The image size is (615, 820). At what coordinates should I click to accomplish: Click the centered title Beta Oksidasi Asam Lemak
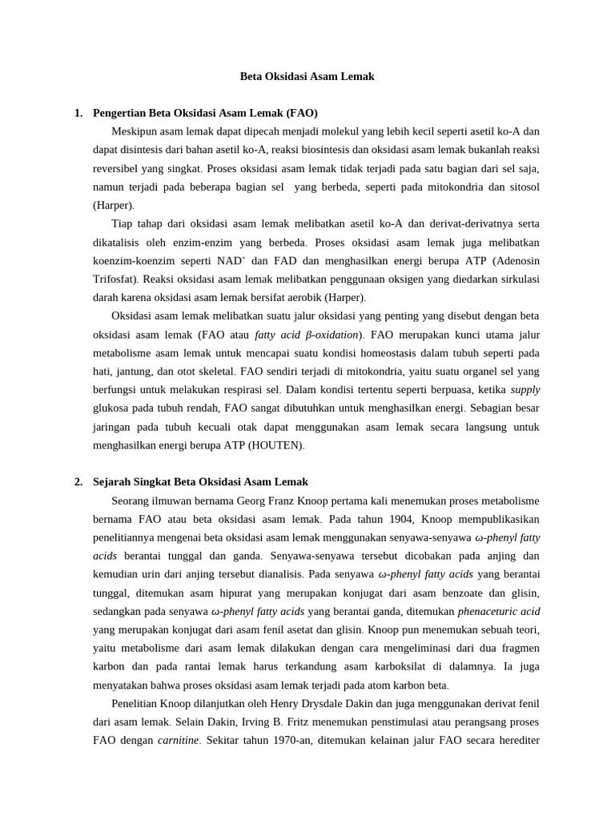click(307, 77)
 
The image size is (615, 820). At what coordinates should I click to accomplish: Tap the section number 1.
click(78, 113)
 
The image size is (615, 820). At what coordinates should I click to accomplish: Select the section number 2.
click(78, 481)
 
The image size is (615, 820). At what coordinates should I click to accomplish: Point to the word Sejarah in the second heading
click(113, 481)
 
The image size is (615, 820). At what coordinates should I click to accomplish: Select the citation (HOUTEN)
click(276, 444)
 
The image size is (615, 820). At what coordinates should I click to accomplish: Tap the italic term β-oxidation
click(328, 334)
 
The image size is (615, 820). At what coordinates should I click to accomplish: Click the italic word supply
click(525, 389)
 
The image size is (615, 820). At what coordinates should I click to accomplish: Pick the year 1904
click(408, 518)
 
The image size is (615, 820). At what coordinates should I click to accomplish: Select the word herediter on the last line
click(515, 740)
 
